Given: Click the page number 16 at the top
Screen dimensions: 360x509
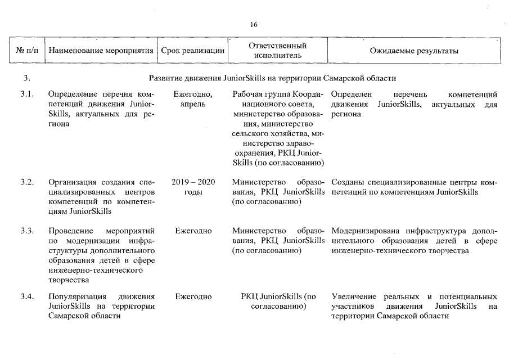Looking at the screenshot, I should [x=254, y=24].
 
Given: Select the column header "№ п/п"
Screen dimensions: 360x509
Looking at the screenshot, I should [x=28, y=51].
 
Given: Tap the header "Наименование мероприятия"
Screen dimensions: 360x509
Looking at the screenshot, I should [x=101, y=51].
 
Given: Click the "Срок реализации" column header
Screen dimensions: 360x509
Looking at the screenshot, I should [x=193, y=51].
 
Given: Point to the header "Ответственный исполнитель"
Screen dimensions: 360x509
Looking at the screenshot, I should [x=278, y=51].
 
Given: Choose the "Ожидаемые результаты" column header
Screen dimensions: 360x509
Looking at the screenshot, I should [x=414, y=51].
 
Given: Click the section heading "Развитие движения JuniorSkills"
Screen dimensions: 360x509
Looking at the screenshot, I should [x=273, y=77].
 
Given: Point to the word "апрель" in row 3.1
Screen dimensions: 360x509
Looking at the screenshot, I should [x=193, y=103].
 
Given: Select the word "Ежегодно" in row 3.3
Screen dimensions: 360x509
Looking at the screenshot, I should [x=193, y=231].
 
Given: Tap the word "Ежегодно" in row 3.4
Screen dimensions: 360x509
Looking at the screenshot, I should [x=193, y=296].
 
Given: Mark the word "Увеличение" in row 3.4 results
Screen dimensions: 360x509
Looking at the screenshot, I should [x=353, y=296].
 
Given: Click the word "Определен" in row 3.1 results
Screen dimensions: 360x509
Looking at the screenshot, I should [x=352, y=93].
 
